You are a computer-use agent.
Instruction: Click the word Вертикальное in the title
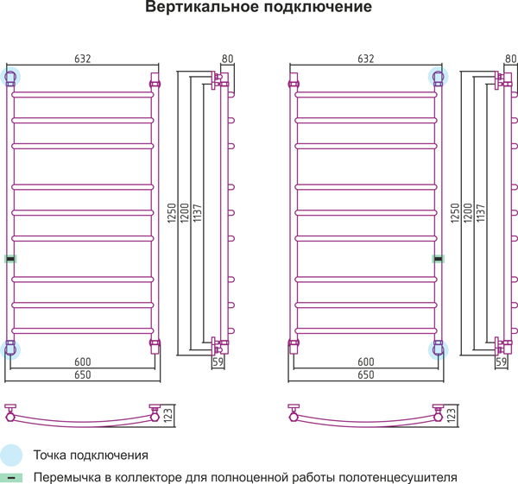pyautogui.click(x=202, y=7)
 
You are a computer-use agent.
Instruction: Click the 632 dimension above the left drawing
pyautogui.click(x=83, y=59)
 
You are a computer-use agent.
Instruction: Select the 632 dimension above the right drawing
pyautogui.click(x=366, y=59)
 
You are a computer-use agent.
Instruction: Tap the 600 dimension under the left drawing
pyautogui.click(x=83, y=361)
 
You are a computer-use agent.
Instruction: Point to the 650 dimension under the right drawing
pyautogui.click(x=366, y=374)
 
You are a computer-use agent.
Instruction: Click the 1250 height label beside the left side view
pyautogui.click(x=172, y=213)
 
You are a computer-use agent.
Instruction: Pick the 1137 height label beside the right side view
pyautogui.click(x=481, y=213)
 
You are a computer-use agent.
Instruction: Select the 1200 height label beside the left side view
pyautogui.click(x=185, y=213)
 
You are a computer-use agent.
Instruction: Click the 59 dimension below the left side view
pyautogui.click(x=218, y=361)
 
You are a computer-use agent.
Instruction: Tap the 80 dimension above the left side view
pyautogui.click(x=228, y=59)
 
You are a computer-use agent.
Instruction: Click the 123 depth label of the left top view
pyautogui.click(x=168, y=415)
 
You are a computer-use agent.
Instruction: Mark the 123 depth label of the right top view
pyautogui.click(x=452, y=415)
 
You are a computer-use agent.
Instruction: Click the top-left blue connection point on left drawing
pyautogui.click(x=10, y=77)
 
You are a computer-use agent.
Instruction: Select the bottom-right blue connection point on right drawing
pyautogui.click(x=438, y=350)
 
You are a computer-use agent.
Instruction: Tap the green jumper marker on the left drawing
pyautogui.click(x=10, y=259)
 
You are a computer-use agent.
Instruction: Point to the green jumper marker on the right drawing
pyautogui.click(x=439, y=259)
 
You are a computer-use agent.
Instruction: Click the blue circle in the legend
pyautogui.click(x=11, y=455)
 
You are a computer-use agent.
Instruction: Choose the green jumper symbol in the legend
pyautogui.click(x=11, y=478)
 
